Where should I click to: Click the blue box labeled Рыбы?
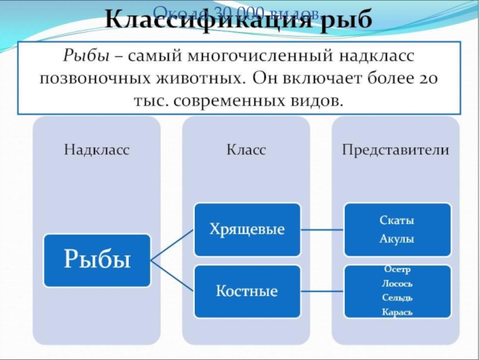[97, 260]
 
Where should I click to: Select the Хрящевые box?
[247, 229]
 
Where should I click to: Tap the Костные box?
[247, 292]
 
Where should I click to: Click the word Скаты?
[397, 220]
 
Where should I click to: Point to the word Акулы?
[397, 238]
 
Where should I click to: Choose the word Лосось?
[397, 284]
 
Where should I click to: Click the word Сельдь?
[397, 298]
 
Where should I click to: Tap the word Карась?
[397, 312]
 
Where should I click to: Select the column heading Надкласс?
[97, 150]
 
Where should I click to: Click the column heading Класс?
[246, 150]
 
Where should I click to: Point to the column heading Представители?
[395, 150]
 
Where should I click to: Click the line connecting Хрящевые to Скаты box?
[322, 229]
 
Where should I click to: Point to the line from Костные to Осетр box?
[322, 292]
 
